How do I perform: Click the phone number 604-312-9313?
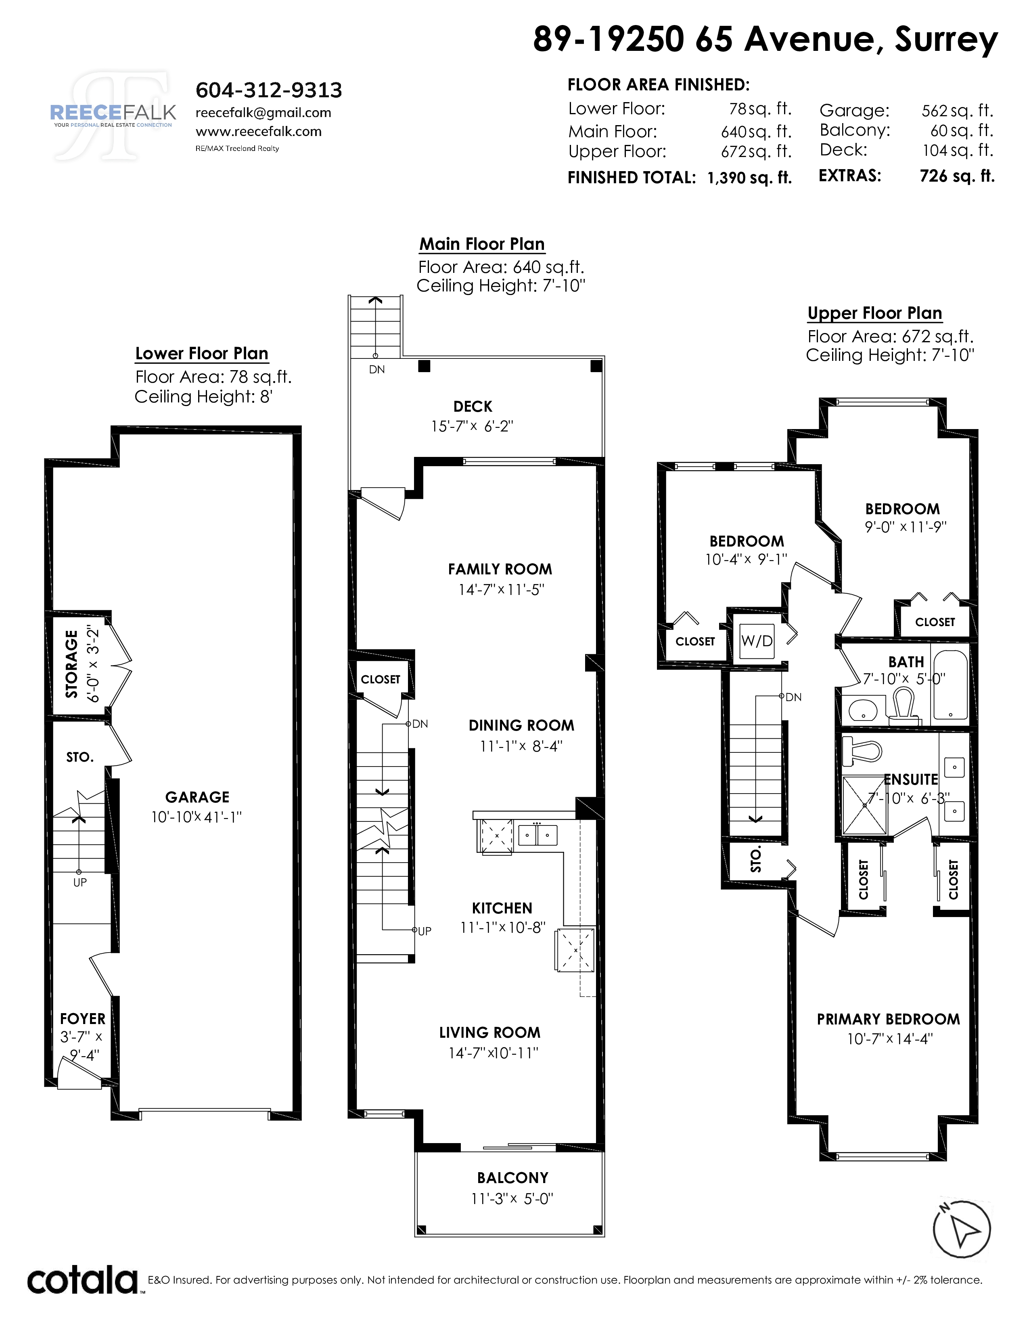click(x=269, y=90)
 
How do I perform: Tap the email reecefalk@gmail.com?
click(x=264, y=113)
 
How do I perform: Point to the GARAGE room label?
click(x=197, y=797)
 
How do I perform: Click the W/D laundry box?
click(x=757, y=641)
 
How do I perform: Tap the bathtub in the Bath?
click(x=950, y=685)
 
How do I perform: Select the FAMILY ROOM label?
click(x=500, y=569)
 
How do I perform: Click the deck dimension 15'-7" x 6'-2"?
click(x=473, y=426)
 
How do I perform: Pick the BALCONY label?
click(x=512, y=1178)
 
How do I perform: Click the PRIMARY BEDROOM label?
click(x=888, y=1019)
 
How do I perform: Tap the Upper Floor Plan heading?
click(x=875, y=314)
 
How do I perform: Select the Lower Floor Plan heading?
click(x=202, y=354)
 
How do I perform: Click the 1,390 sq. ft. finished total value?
click(x=749, y=178)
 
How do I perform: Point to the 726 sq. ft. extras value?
click(x=957, y=176)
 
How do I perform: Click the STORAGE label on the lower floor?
click(x=72, y=664)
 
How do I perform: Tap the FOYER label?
click(x=82, y=1018)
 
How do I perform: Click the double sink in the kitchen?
click(x=538, y=834)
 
